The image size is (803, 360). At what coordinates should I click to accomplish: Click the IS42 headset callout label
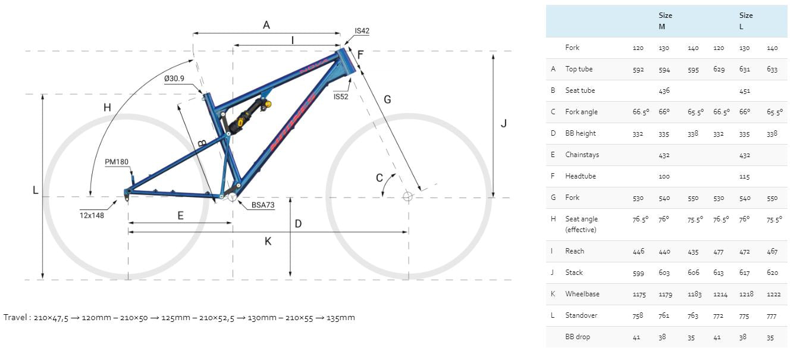point(362,31)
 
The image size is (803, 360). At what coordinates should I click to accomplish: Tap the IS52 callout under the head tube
point(341,96)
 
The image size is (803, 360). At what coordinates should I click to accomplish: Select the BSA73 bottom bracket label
point(263,205)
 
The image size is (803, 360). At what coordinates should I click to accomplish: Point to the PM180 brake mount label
point(116,162)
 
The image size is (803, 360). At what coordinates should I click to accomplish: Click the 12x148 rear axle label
point(92,215)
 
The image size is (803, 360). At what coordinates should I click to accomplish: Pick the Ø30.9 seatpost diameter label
point(174,79)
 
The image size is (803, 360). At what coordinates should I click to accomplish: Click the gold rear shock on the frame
point(249,115)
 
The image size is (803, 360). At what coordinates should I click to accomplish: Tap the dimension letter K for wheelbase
point(268,242)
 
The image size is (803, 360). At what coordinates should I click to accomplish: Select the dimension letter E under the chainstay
point(180,215)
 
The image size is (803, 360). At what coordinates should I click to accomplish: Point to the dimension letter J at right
point(504,124)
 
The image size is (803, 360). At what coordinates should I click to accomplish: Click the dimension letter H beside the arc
point(107,108)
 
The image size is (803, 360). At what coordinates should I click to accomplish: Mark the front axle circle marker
point(407,196)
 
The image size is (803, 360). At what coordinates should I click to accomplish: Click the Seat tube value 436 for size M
point(664,90)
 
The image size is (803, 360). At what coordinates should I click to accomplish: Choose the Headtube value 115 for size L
point(744,176)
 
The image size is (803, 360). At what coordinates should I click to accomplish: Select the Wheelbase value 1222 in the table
point(773,295)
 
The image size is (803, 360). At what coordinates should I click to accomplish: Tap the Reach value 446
point(638,251)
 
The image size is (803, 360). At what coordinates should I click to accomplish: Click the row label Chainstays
point(582,155)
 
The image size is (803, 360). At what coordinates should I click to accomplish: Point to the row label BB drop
point(577,337)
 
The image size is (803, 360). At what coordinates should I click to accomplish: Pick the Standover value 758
point(638,315)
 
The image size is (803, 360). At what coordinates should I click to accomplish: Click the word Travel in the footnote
point(15,318)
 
